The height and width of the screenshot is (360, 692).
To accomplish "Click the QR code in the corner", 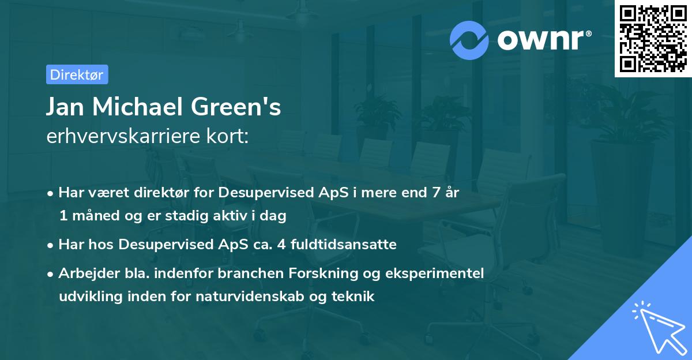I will [x=653, y=39].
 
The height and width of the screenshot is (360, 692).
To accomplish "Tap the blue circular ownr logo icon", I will [x=469, y=40].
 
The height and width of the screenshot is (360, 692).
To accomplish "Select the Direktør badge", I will [x=77, y=74].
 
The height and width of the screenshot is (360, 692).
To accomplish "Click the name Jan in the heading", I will [x=66, y=107].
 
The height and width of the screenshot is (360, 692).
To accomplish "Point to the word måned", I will [x=93, y=216].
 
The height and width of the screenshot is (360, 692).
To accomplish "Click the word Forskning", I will [x=328, y=273].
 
